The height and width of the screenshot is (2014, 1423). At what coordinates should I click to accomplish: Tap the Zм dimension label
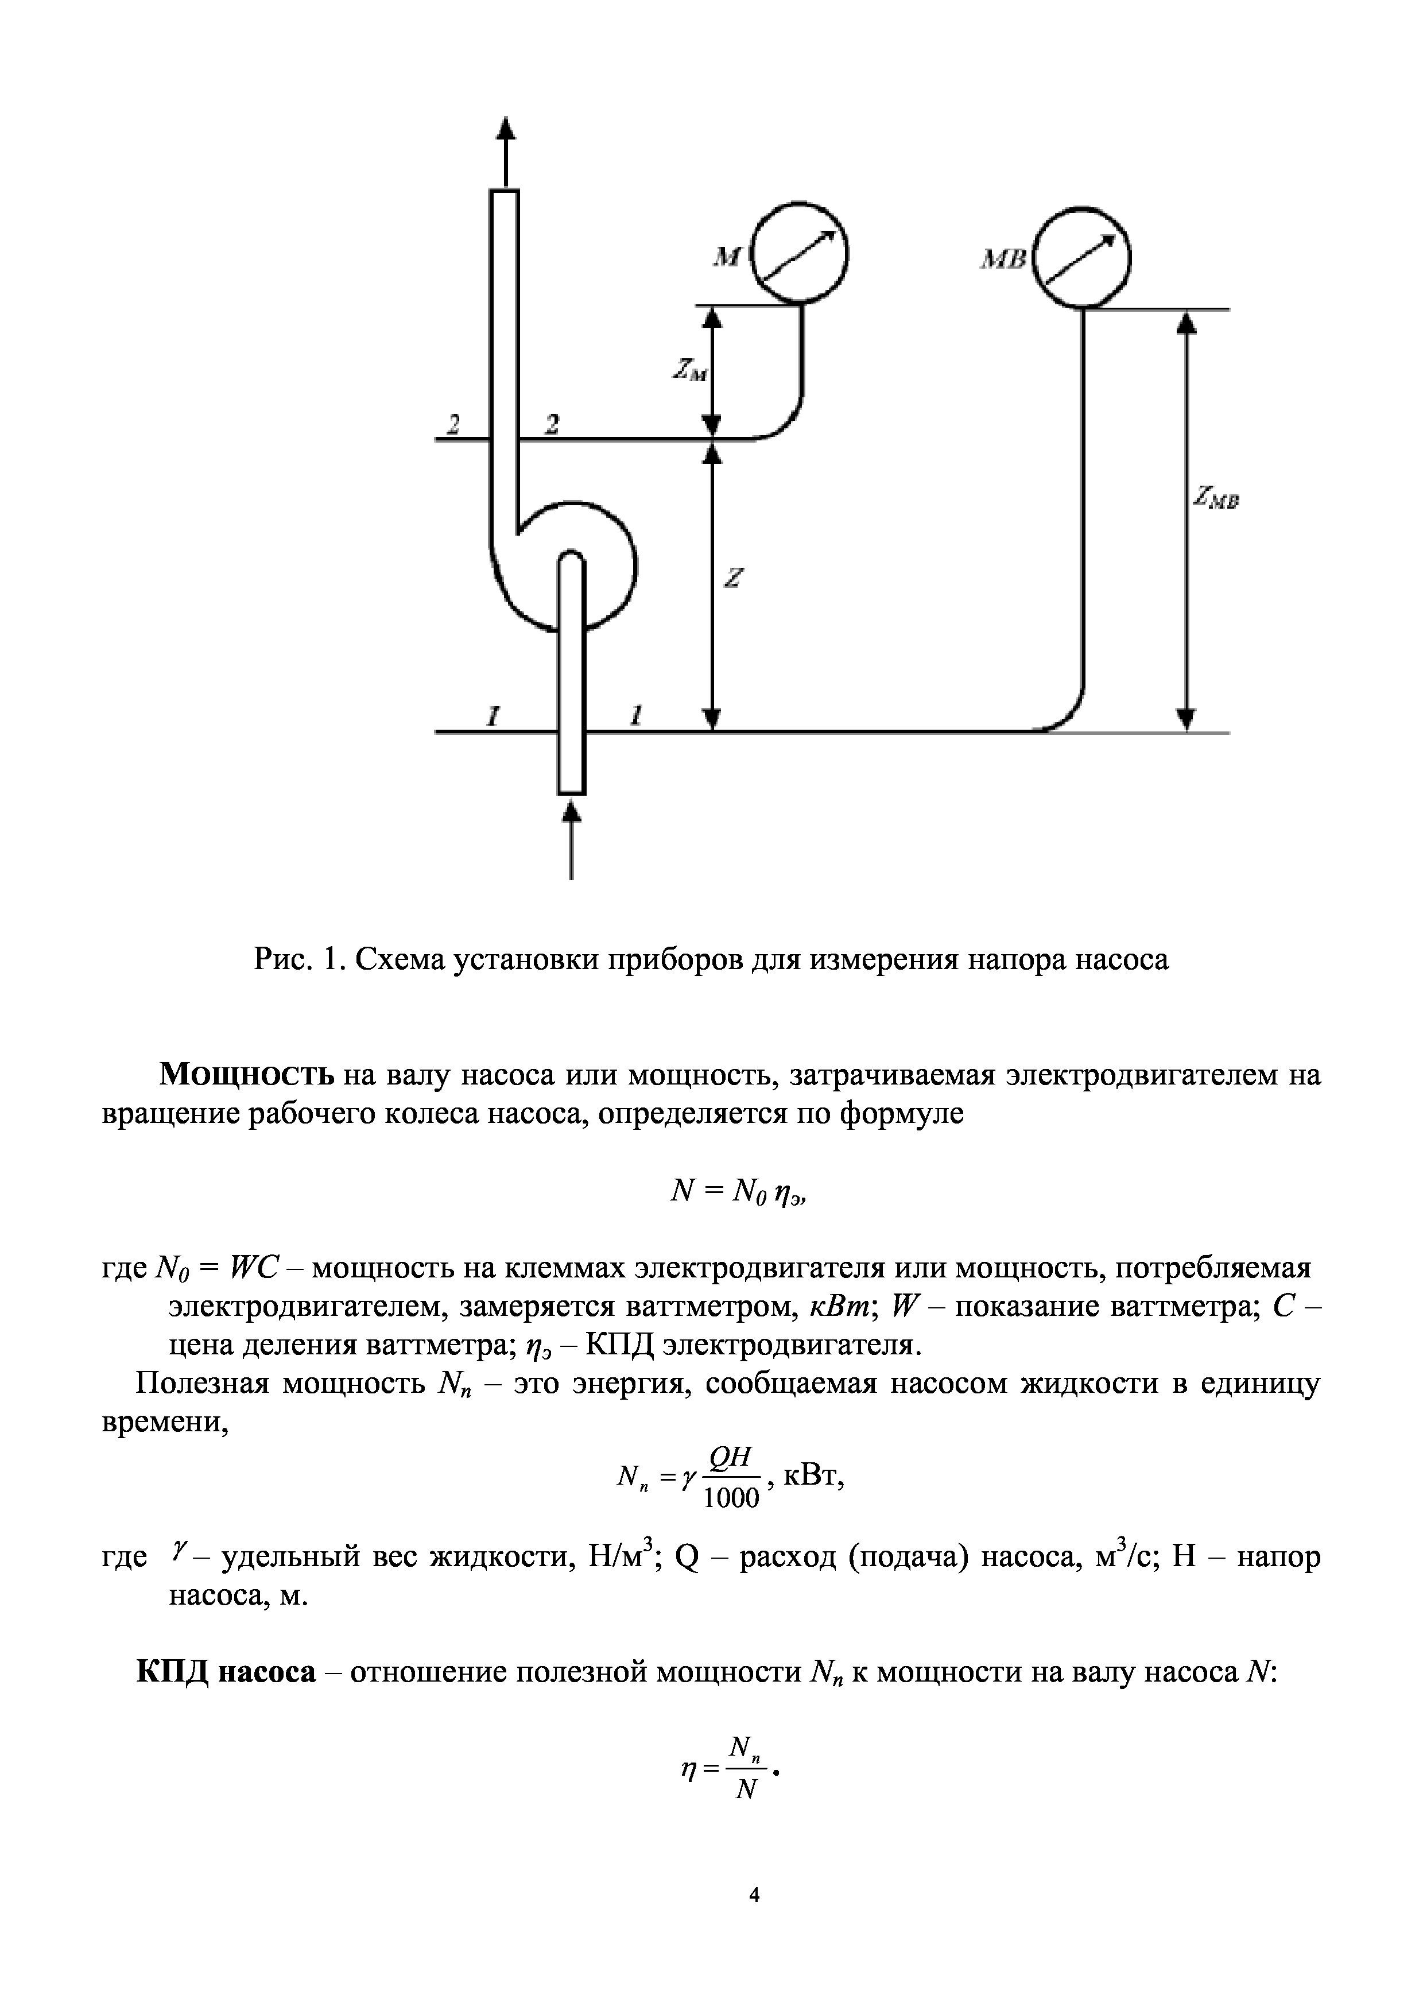pos(689,373)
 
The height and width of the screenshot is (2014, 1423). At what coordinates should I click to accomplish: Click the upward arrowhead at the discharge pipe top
pos(505,129)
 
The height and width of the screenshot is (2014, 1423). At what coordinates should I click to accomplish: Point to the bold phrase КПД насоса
pos(226,1672)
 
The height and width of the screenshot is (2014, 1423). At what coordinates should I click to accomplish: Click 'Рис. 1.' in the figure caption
pos(296,959)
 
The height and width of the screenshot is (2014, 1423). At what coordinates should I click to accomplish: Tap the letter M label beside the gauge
pos(727,258)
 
